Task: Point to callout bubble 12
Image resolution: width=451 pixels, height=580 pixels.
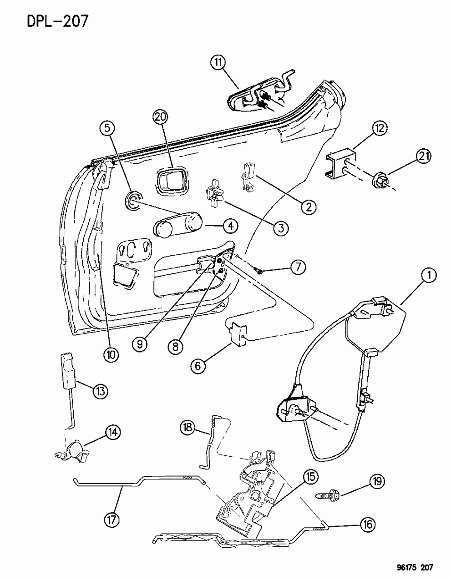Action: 380,129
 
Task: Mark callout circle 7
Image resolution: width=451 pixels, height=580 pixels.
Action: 298,267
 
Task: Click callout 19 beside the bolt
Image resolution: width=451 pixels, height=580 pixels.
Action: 377,481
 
